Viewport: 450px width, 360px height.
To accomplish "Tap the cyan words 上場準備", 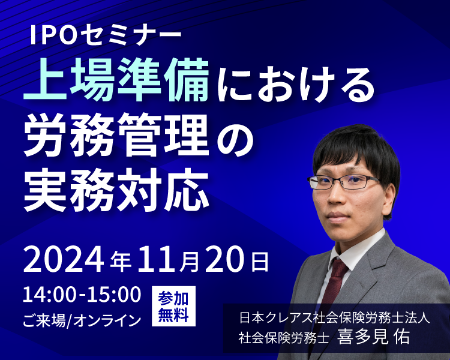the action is click(116, 80).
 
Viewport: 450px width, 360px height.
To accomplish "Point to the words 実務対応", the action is click(116, 190).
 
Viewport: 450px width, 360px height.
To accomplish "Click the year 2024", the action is click(63, 260).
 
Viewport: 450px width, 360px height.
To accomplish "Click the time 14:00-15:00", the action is click(82, 295).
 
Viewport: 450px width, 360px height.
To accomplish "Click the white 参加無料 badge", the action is click(173, 307).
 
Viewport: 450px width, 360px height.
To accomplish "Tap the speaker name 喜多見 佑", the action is click(373, 337).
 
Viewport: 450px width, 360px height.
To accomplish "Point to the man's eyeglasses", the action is click(344, 182).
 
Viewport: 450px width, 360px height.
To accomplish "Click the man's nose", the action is click(336, 197).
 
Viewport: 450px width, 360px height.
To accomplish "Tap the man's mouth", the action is click(338, 216).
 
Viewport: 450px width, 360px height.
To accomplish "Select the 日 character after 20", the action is click(260, 262).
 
